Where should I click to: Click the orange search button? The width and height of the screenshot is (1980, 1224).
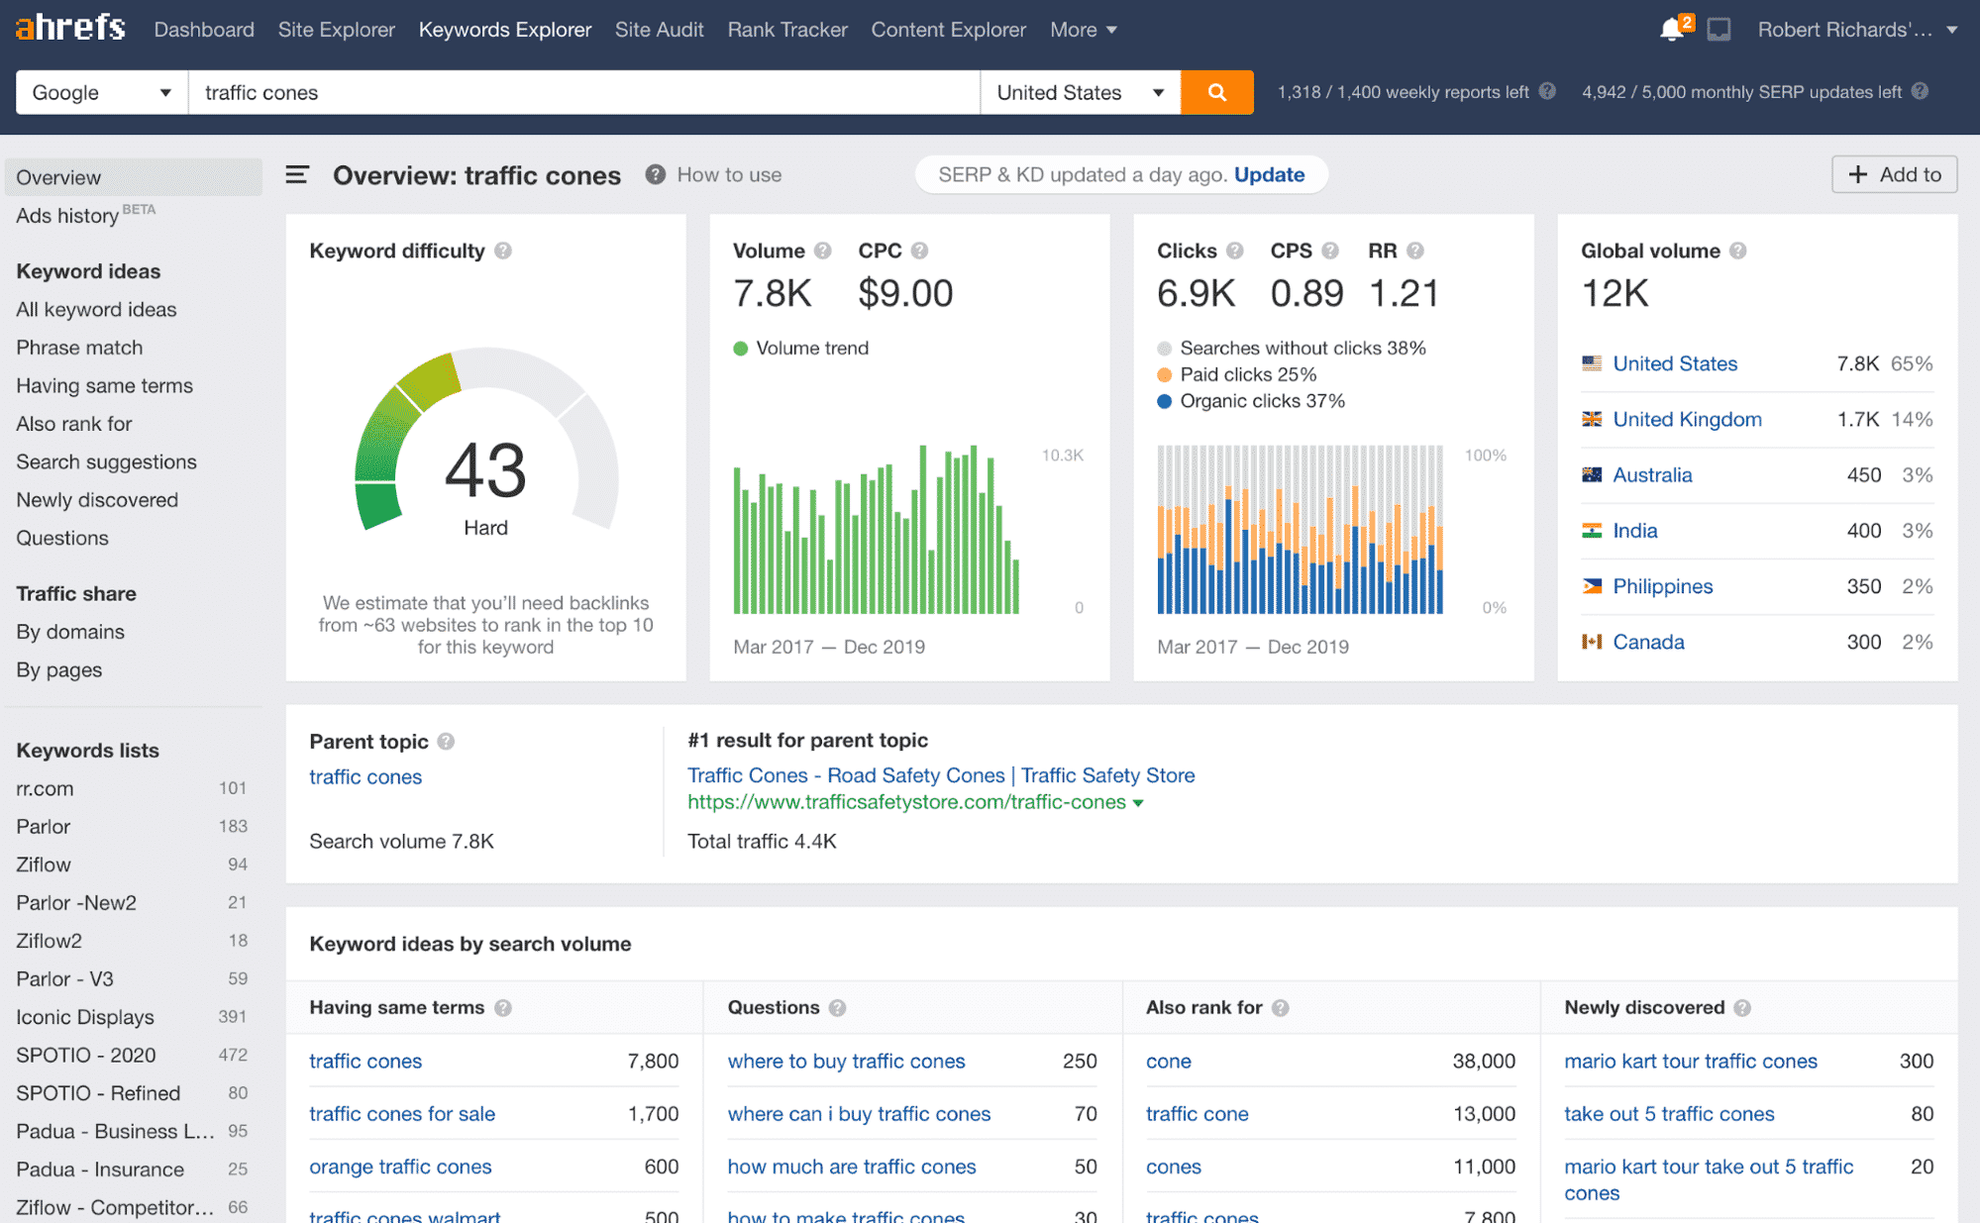(x=1216, y=92)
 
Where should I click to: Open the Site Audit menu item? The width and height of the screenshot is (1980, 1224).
(x=659, y=30)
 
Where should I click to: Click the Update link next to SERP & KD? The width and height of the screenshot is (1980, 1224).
(x=1269, y=174)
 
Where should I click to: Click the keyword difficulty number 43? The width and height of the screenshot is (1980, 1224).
(x=484, y=470)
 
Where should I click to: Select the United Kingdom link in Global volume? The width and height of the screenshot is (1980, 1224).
(x=1687, y=419)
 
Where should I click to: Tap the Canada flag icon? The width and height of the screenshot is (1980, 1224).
(x=1592, y=642)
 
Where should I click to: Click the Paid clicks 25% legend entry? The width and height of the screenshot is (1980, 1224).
(x=1247, y=374)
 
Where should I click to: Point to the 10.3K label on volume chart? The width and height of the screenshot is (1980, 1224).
(x=1062, y=456)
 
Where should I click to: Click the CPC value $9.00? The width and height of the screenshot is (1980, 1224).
(x=905, y=293)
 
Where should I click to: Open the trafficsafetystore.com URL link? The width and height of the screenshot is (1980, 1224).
(x=906, y=802)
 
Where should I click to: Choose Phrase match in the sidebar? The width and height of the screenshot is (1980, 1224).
(x=79, y=348)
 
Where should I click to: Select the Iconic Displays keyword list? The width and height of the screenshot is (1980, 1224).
(x=85, y=1017)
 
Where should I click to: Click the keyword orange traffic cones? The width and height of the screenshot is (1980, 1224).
(x=400, y=1167)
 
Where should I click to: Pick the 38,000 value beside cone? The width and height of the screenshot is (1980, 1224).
(x=1483, y=1061)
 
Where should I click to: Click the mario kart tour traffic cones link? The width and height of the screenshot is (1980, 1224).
(x=1690, y=1061)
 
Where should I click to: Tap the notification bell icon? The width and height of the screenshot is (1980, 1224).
(x=1671, y=30)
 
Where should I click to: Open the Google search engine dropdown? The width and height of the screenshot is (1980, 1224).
(x=101, y=92)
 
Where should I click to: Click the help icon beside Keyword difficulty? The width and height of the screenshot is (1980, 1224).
(x=503, y=251)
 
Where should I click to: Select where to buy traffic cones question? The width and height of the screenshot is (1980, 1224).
(x=846, y=1061)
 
